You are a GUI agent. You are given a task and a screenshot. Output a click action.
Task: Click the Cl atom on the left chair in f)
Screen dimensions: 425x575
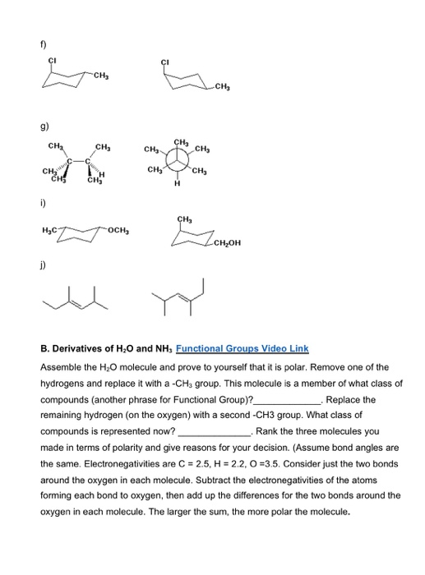53,61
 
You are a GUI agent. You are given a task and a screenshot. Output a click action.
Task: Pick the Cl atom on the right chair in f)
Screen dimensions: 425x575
164,61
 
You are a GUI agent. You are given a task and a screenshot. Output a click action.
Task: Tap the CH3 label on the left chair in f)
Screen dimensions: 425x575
101,76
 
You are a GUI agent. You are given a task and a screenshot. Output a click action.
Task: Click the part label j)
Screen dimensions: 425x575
36,265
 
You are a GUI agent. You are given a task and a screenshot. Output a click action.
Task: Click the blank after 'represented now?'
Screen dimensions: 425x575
215,430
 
